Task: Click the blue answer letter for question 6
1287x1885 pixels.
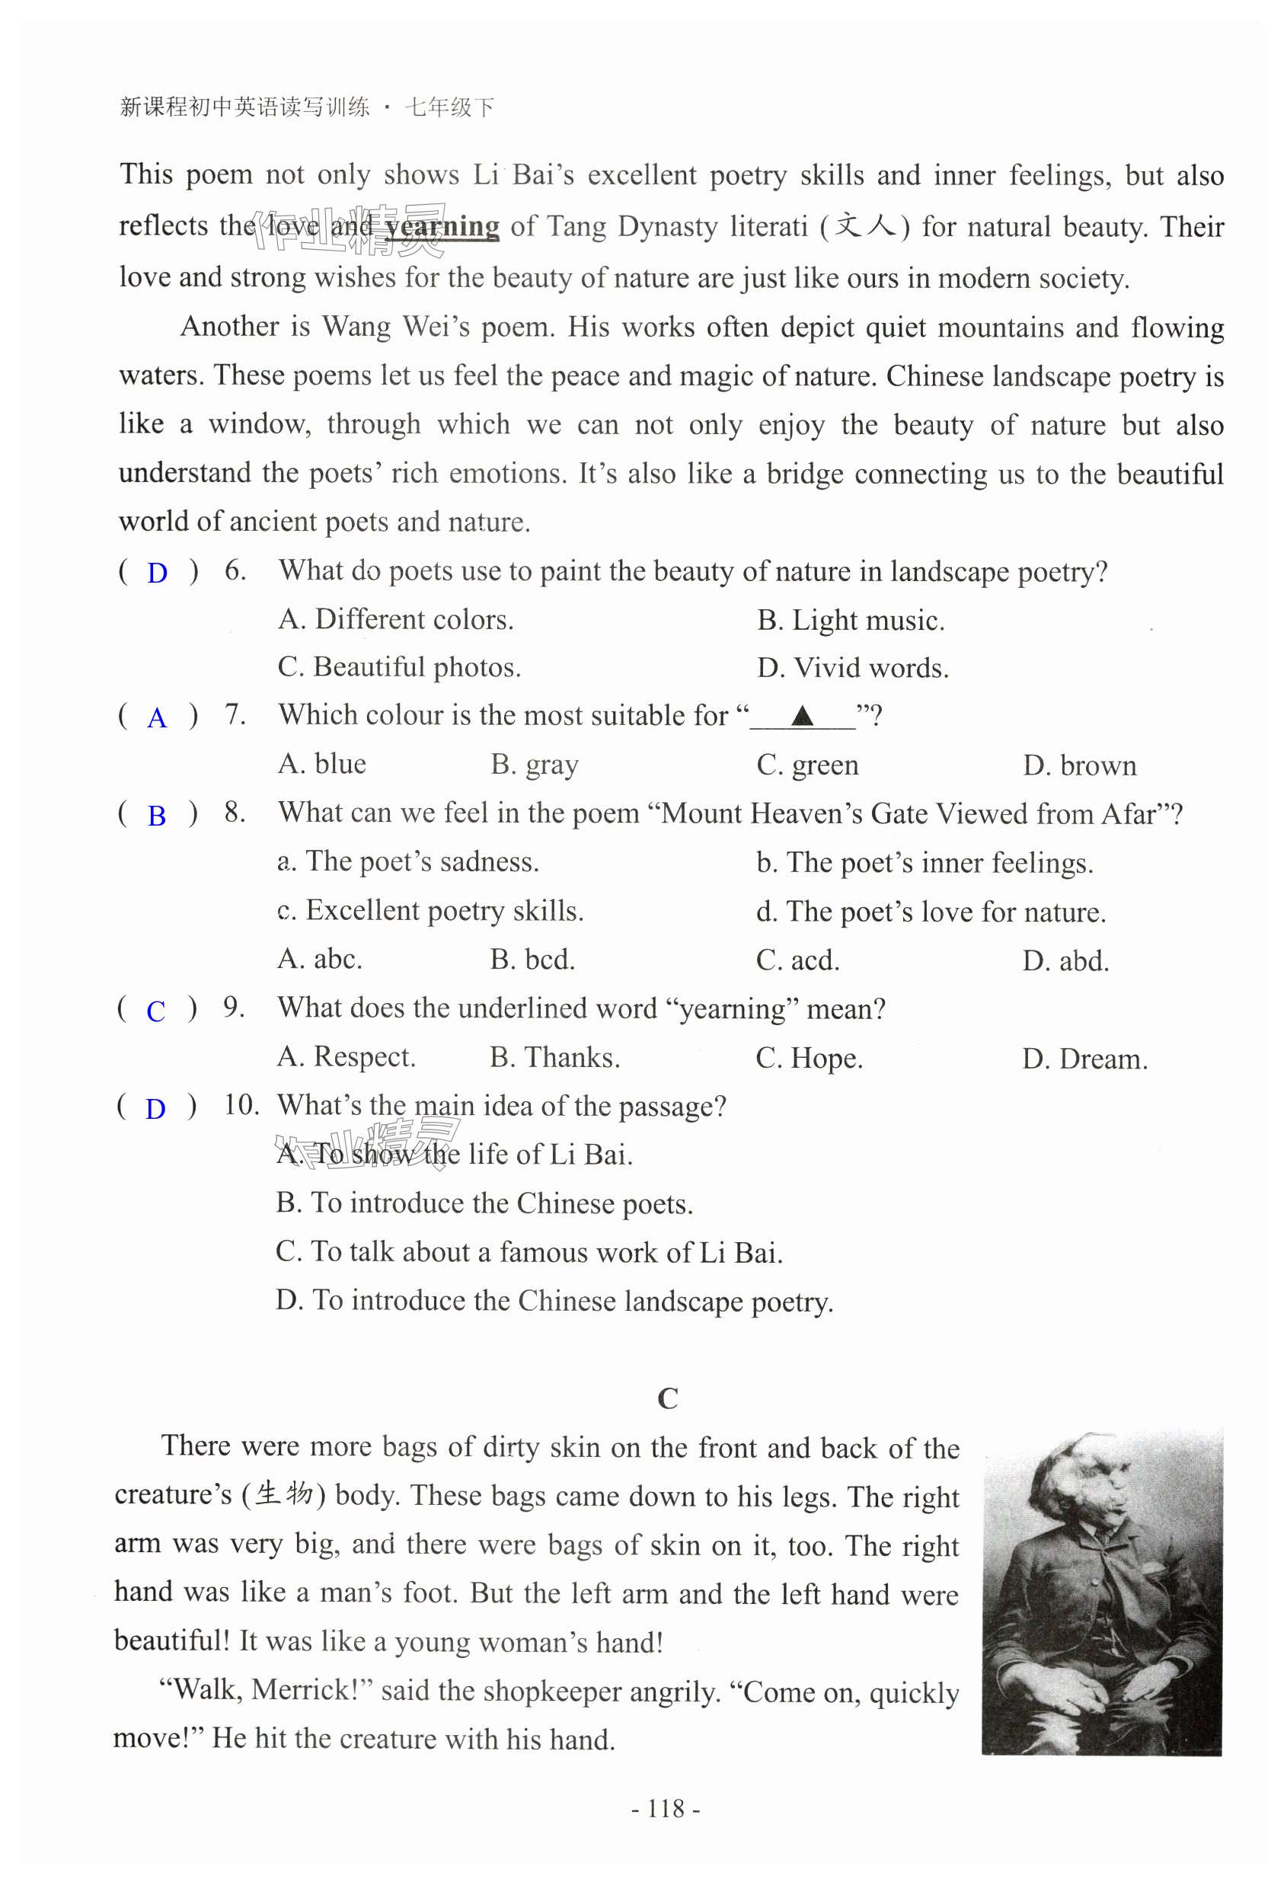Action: point(157,573)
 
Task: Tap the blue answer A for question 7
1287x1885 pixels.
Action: point(157,718)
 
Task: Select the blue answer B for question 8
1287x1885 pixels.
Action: point(157,816)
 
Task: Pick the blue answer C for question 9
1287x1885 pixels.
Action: point(155,1011)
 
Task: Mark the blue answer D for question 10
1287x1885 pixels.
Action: point(155,1109)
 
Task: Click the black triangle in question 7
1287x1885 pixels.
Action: point(802,715)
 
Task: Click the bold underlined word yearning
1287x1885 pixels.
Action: point(442,226)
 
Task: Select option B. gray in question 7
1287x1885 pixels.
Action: point(534,765)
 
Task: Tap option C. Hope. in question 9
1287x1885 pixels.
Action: point(809,1059)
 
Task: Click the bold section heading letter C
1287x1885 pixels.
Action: point(666,1399)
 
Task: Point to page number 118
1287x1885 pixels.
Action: point(666,1809)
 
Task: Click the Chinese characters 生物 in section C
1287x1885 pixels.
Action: point(284,1494)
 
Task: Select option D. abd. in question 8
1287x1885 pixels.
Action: point(1065,961)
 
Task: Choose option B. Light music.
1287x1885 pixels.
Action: point(851,621)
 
